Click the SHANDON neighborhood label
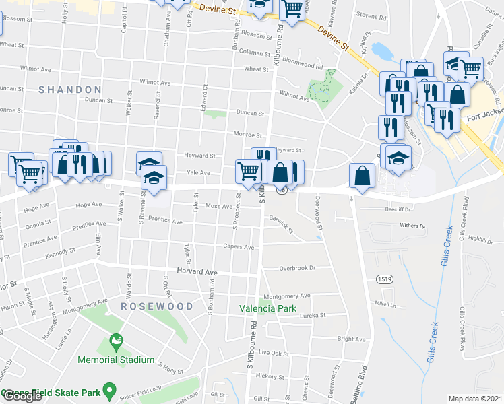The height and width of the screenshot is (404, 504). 70,90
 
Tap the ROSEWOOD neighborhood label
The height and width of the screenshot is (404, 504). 157,306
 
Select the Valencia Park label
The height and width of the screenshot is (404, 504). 267,309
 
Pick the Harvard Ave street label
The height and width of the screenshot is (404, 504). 197,272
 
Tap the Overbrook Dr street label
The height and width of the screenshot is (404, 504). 298,268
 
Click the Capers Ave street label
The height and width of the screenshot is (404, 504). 239,248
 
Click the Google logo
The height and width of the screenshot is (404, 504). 22,396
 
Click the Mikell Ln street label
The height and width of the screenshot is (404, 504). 385,304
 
